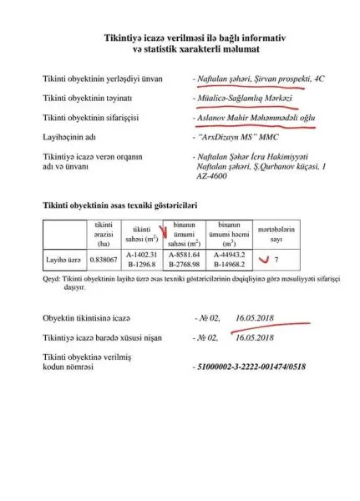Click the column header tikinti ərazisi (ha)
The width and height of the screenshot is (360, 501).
(x=104, y=233)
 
